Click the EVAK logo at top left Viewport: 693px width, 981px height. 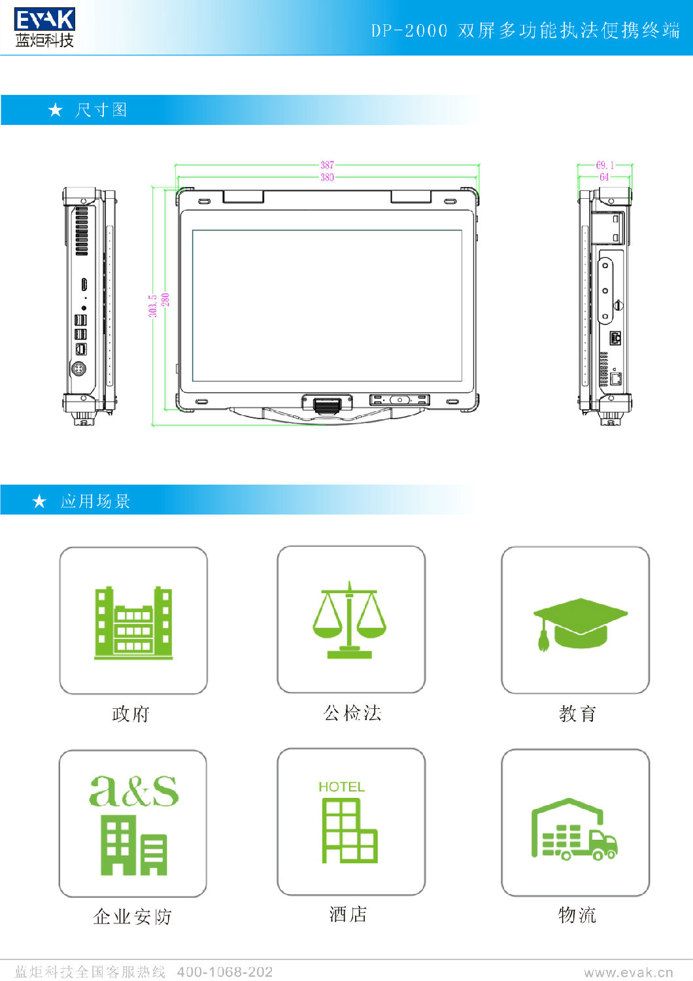pyautogui.click(x=44, y=27)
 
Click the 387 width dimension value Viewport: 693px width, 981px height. pyautogui.click(x=327, y=165)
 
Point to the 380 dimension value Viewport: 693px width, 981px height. pyautogui.click(x=327, y=177)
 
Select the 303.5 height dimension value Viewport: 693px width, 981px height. pyautogui.click(x=152, y=306)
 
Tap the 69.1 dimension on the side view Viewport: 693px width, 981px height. pyautogui.click(x=605, y=165)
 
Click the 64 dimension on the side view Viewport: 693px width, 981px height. pyautogui.click(x=604, y=177)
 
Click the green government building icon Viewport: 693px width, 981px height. pyautogui.click(x=133, y=623)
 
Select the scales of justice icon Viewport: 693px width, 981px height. pyautogui.click(x=350, y=620)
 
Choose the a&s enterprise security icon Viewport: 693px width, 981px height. pyautogui.click(x=133, y=824)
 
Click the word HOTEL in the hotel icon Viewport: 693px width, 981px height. pyautogui.click(x=341, y=787)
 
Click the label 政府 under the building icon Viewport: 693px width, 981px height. pyautogui.click(x=131, y=714)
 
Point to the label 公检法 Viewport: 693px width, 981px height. pyautogui.click(x=352, y=713)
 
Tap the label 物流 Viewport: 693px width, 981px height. pyautogui.click(x=577, y=915)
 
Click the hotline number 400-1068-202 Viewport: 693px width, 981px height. pyautogui.click(x=224, y=972)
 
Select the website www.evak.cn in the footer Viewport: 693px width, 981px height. pyautogui.click(x=628, y=972)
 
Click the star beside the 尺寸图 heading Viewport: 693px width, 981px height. pyautogui.click(x=56, y=110)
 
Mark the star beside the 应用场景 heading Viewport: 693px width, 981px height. pyautogui.click(x=40, y=502)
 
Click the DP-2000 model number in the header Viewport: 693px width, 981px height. pyautogui.click(x=409, y=31)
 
